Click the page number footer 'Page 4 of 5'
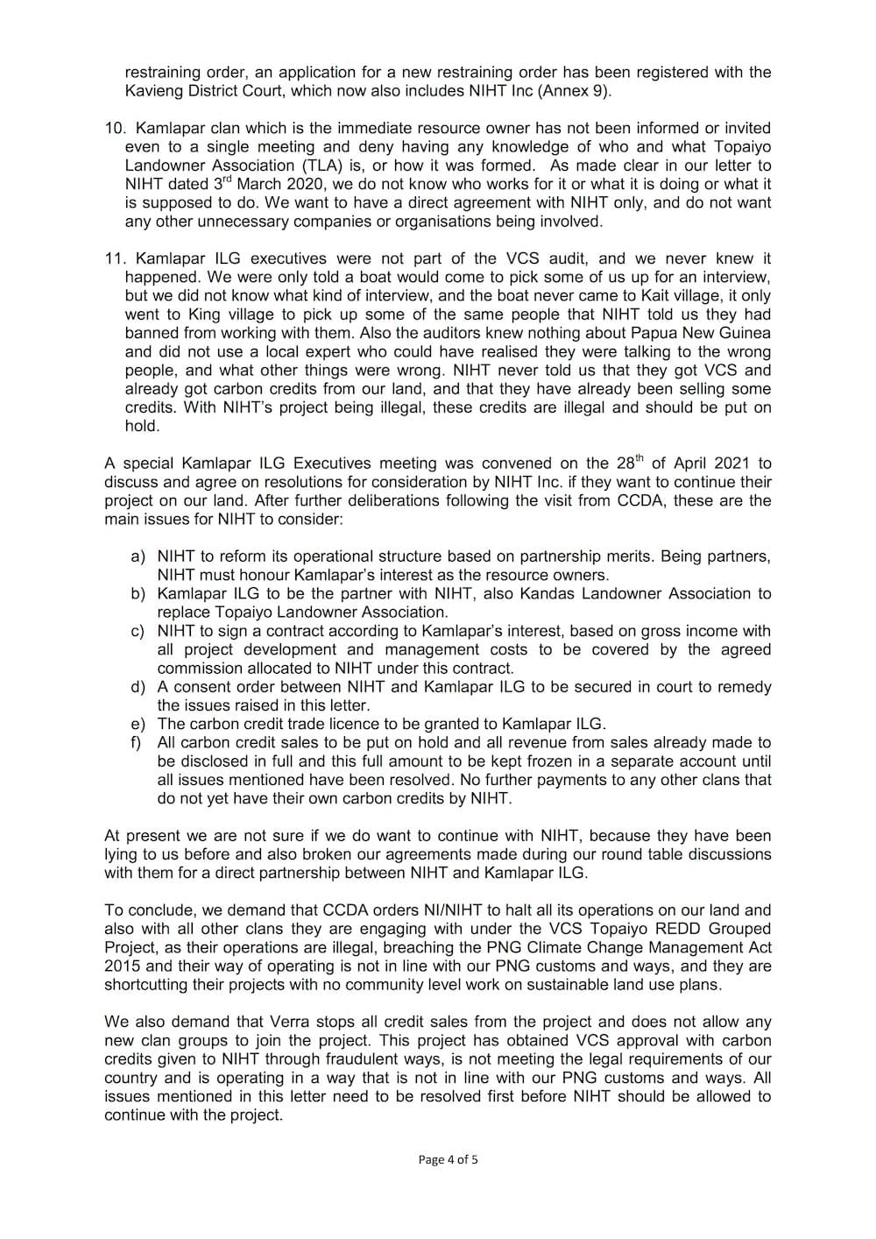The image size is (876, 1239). pyautogui.click(x=448, y=1159)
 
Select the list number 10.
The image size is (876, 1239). pyautogui.click(x=115, y=128)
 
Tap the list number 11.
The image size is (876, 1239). pyautogui.click(x=115, y=258)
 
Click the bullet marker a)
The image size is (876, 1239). pyautogui.click(x=138, y=556)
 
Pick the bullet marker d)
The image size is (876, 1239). pyautogui.click(x=138, y=687)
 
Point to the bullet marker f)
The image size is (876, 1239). pyautogui.click(x=138, y=742)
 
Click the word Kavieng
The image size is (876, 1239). pyautogui.click(x=154, y=90)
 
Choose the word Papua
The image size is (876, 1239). pyautogui.click(x=657, y=333)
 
